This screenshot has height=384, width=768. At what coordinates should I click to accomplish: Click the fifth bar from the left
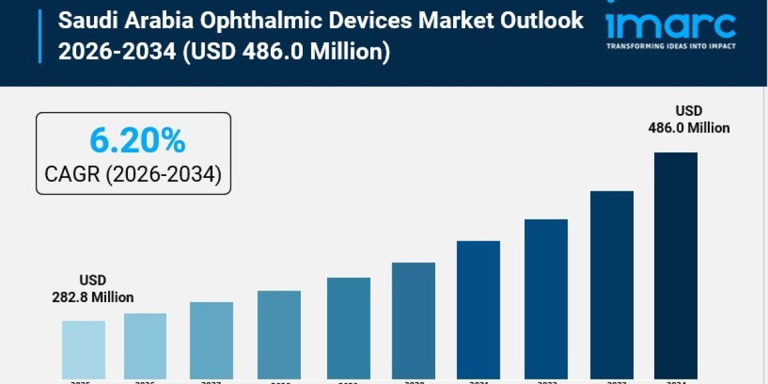click(348, 328)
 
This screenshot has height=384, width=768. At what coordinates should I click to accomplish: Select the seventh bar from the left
click(478, 310)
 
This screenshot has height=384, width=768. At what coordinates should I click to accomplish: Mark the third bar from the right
click(546, 299)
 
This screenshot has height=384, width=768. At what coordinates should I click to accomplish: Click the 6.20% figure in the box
click(137, 141)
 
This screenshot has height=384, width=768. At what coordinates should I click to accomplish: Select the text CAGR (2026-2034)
click(133, 173)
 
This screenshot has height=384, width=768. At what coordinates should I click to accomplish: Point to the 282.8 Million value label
click(93, 297)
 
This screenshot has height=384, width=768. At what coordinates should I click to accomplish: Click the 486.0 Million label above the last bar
click(689, 128)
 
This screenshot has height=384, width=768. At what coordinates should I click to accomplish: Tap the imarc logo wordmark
click(670, 26)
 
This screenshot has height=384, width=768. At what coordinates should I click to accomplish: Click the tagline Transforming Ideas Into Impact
click(671, 46)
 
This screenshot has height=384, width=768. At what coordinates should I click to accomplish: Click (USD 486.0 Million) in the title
click(286, 51)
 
